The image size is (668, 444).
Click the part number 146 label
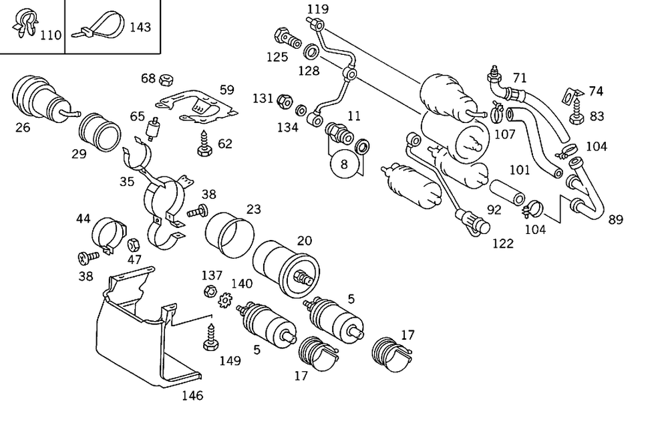coord(192,395)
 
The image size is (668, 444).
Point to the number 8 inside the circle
coord(345,164)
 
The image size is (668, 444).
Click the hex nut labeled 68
coord(164,80)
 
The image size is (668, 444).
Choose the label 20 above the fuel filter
coord(304,241)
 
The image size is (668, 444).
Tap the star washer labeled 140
coord(225,301)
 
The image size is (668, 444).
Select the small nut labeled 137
coord(208,292)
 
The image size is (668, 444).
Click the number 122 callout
coord(502,243)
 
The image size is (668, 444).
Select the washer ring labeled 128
coord(311,51)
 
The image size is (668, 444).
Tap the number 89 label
coord(615,219)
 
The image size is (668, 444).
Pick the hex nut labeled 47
coord(133,244)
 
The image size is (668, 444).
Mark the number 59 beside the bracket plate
coord(227,89)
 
